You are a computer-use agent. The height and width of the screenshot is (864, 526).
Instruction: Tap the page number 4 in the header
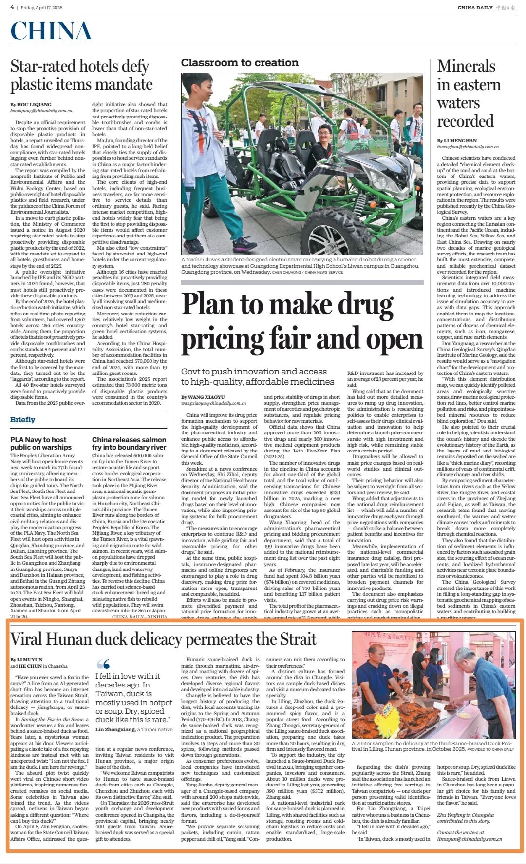tap(12, 7)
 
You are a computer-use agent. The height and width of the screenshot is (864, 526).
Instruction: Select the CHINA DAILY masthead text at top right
tap(475, 7)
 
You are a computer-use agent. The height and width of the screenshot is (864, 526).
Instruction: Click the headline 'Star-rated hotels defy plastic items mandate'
tap(81, 75)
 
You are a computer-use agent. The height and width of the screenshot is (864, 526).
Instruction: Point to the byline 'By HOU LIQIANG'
tap(31, 104)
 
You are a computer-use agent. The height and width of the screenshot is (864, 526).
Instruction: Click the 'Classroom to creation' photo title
tap(240, 63)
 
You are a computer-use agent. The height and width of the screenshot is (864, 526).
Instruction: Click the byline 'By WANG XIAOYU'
tap(203, 397)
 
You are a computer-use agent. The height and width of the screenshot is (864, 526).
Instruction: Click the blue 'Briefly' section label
tap(23, 419)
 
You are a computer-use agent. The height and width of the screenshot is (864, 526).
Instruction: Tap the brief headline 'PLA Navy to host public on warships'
tap(41, 443)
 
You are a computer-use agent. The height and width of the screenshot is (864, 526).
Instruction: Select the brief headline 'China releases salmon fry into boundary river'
tap(129, 443)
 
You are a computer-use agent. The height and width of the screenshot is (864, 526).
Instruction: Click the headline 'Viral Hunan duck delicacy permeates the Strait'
tap(163, 639)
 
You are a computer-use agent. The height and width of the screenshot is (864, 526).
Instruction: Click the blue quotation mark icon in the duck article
tap(103, 664)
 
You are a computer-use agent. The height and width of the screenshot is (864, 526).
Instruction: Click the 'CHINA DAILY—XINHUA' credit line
tap(139, 617)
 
